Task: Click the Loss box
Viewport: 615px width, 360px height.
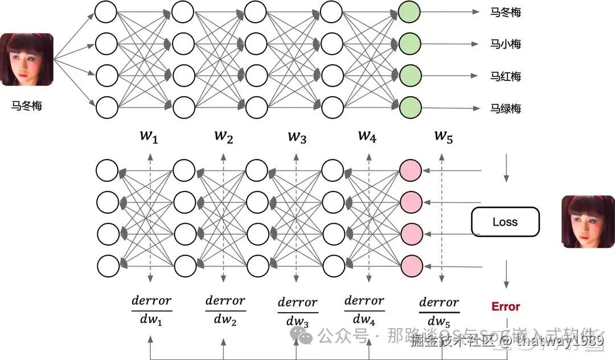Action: pos(505,222)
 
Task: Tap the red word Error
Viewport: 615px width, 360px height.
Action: pos(506,306)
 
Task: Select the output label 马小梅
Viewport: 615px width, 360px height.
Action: pos(506,44)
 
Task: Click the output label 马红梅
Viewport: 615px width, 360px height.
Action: pos(506,76)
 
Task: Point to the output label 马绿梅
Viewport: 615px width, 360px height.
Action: pos(506,108)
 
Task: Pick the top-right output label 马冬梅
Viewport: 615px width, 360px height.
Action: pos(506,11)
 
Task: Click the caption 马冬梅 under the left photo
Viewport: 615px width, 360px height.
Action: pos(27,106)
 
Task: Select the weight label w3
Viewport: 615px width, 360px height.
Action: pos(296,137)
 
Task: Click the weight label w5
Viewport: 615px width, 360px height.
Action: pos(443,137)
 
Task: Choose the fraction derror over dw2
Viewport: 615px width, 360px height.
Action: pos(225,310)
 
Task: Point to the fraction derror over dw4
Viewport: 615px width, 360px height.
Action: pos(364,310)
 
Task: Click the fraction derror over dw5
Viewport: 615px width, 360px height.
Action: pos(438,311)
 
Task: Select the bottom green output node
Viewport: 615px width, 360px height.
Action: pos(410,107)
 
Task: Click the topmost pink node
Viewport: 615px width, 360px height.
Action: pos(411,170)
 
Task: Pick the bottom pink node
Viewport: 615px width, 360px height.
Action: pos(411,265)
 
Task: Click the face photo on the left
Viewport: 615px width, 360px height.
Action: pos(27,60)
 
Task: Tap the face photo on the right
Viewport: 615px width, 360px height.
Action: pos(588,222)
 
